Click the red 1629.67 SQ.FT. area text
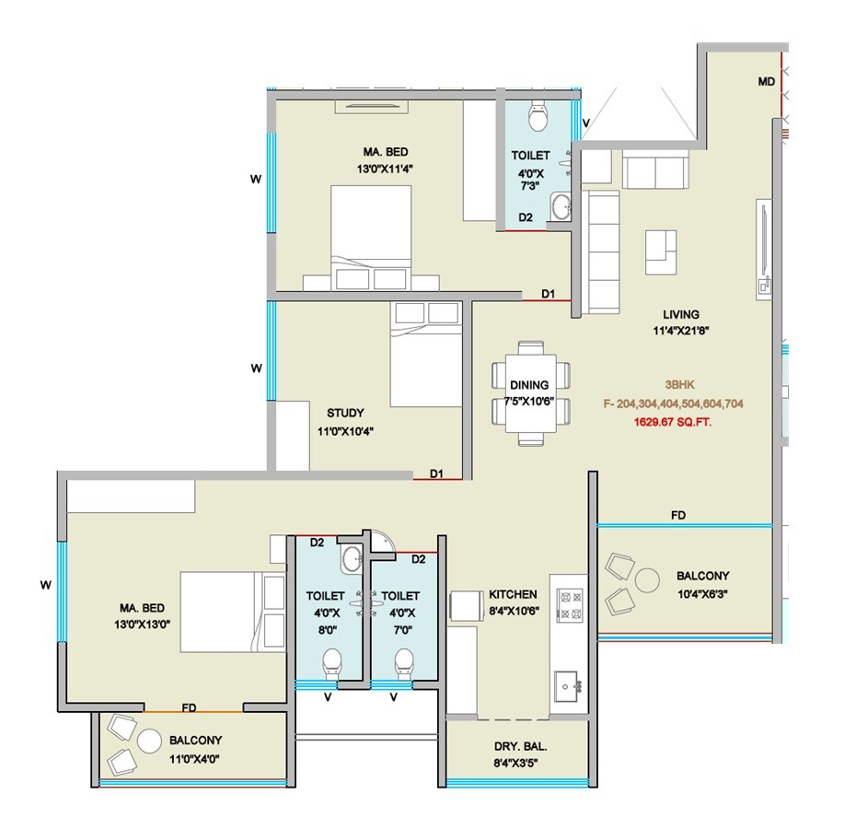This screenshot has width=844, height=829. click(673, 422)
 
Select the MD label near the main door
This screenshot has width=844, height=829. click(766, 82)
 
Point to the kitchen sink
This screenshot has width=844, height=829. click(568, 684)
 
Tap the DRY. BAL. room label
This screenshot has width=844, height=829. click(515, 762)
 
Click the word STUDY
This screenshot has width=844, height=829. click(345, 413)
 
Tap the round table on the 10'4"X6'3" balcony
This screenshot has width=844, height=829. click(647, 579)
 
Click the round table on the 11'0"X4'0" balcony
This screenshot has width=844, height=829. click(148, 741)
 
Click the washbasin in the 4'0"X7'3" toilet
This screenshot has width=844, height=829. click(561, 205)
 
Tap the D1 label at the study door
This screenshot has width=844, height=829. click(437, 473)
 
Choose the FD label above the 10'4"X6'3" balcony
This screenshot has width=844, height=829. click(678, 515)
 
